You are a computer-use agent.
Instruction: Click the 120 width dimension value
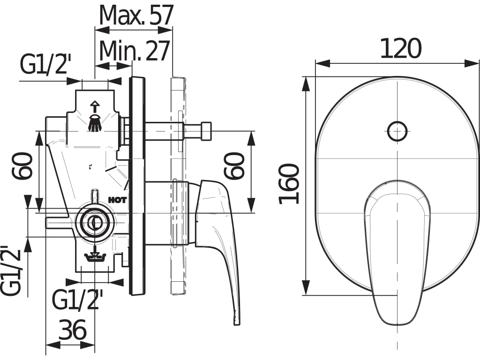(400, 49)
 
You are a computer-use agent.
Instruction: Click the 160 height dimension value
(289, 184)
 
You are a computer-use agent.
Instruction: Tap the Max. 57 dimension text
(136, 15)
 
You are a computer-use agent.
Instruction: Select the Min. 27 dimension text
(134, 51)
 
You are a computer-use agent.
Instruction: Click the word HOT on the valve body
(117, 200)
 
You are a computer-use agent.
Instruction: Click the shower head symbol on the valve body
(95, 123)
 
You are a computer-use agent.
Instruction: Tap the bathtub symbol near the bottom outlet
(95, 257)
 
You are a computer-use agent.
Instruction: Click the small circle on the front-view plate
(397, 131)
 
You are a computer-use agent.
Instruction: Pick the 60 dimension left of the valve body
(23, 165)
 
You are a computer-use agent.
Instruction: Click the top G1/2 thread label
(45, 65)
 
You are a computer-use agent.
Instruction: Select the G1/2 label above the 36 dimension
(77, 300)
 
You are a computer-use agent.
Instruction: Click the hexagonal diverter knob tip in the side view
(206, 131)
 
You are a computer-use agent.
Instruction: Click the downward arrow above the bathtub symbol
(95, 248)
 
